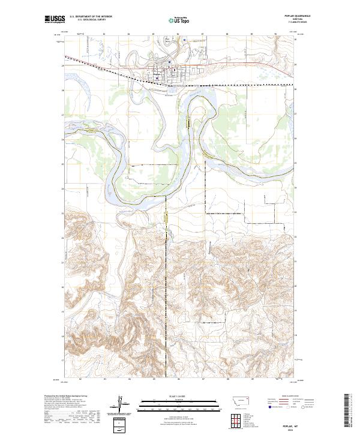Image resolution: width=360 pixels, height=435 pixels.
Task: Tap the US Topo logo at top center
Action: [179, 20]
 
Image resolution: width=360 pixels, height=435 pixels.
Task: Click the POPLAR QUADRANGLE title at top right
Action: [285, 17]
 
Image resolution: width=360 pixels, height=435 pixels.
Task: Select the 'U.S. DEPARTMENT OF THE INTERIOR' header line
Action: [91, 17]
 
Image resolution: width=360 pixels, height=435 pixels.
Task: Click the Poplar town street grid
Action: [165, 71]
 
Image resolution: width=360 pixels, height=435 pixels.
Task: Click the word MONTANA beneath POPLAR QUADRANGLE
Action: [285, 20]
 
